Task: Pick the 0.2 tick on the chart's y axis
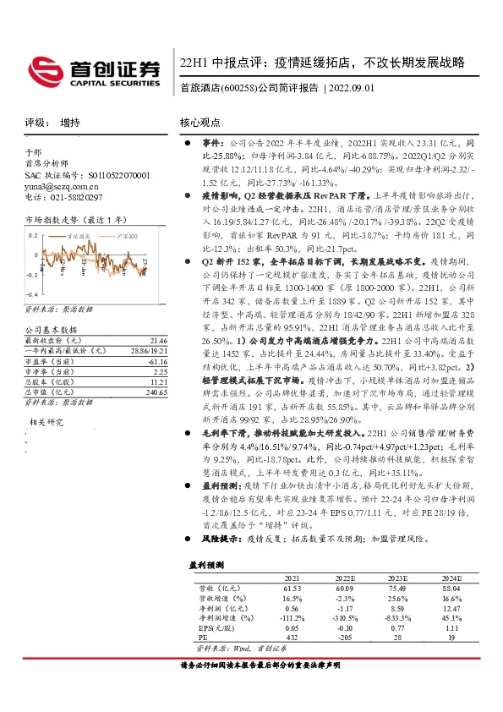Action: point(33,234)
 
